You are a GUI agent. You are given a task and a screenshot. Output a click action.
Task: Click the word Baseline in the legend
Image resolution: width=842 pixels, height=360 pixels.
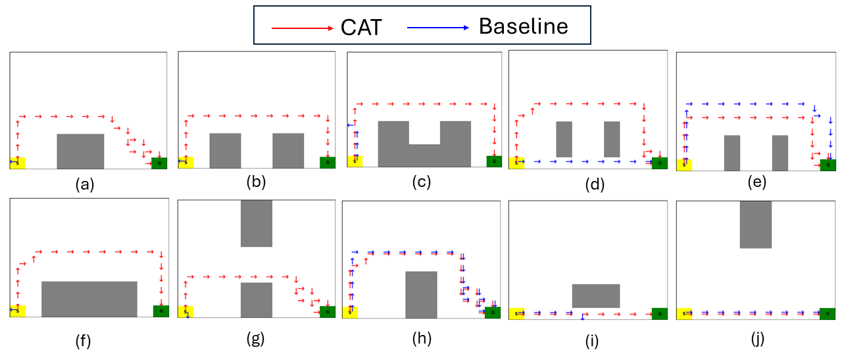coord(523,26)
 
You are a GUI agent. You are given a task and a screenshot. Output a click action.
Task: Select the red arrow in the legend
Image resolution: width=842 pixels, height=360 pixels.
coord(303,28)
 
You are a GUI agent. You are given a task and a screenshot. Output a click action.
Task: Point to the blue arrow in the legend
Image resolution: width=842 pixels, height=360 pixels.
coord(438,28)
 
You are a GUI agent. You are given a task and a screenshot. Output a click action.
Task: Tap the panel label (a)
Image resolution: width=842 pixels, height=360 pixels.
coord(83,185)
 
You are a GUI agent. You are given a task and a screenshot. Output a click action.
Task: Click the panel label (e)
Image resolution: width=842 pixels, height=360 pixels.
coord(757,184)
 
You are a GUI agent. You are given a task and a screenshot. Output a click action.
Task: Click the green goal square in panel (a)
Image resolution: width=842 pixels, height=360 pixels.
coord(159,163)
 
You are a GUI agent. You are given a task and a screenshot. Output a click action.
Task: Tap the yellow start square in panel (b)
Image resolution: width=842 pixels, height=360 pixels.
coord(186,163)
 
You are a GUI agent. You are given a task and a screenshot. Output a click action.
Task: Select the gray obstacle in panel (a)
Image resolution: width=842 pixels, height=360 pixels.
coord(80,151)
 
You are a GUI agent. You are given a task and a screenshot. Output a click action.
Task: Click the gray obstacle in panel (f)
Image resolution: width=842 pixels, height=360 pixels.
coord(89,299)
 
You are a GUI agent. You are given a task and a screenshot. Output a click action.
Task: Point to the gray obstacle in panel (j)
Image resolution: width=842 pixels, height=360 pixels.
coord(756,224)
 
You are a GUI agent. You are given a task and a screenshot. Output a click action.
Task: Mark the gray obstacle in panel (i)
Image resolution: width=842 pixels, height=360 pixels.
coord(596,296)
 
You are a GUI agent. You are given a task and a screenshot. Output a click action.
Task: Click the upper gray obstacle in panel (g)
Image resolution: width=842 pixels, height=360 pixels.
coord(257,223)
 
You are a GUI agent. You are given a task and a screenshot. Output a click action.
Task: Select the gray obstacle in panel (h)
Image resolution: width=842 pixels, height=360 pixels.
coord(421,294)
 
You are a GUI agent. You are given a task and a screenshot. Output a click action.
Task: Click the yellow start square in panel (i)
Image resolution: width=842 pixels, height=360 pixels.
coord(517,314)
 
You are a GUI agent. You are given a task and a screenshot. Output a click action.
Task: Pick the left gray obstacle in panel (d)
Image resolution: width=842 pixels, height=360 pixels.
coord(564,139)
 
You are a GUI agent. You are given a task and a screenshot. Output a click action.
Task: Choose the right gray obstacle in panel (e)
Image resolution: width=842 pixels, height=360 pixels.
coord(780,153)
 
